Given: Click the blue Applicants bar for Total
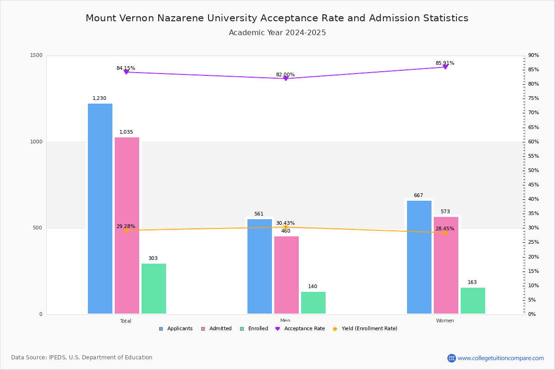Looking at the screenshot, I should coord(100,208).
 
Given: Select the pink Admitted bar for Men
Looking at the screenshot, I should coord(286,275).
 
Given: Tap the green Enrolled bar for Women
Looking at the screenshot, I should coord(473,301).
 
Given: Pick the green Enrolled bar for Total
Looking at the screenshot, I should coord(154,289).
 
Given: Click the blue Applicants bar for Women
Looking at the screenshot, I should coord(419,257).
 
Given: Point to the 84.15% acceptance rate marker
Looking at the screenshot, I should coord(126,72).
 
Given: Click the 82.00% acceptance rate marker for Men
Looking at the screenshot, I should coord(286,79).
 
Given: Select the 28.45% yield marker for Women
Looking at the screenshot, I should coord(445,233).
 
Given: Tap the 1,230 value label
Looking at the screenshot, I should coord(99,99).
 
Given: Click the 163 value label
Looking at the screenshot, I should coord(472,283).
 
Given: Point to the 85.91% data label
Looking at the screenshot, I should coord(445,63).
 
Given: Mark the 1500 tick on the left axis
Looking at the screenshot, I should coord(37,55).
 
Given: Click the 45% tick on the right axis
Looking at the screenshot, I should coord(533,185).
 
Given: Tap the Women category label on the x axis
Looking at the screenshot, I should coord(445,321).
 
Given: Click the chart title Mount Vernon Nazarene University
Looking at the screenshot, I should coord(277,18).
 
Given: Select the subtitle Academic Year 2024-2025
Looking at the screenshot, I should coord(277,33).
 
